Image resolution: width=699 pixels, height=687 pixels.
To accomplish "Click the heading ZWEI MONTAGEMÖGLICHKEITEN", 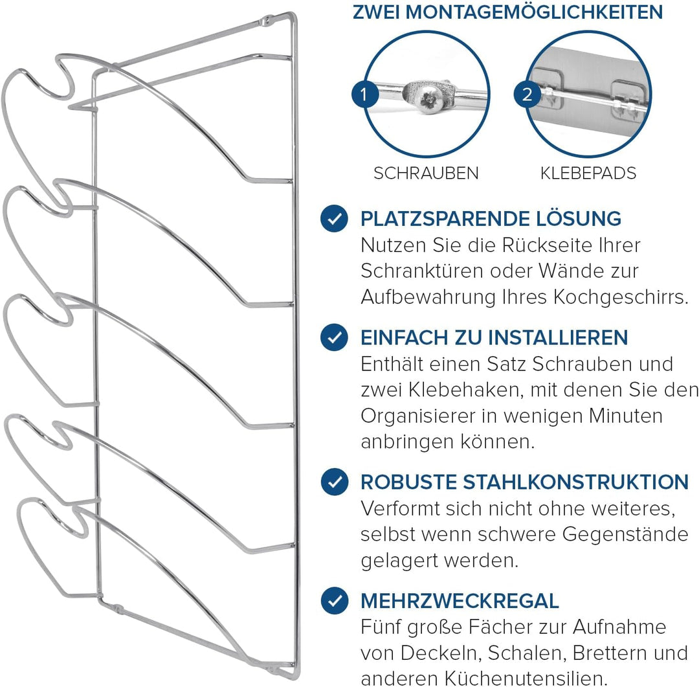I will [x=507, y=12].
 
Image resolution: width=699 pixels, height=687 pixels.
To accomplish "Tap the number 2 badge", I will [x=527, y=95].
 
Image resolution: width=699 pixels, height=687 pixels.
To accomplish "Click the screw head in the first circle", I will [x=428, y=99].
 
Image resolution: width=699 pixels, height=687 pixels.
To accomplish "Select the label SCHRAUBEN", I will [x=426, y=174].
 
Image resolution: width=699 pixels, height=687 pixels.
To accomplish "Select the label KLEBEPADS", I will [x=588, y=174].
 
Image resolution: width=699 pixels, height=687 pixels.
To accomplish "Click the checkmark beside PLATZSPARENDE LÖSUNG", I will [x=335, y=219].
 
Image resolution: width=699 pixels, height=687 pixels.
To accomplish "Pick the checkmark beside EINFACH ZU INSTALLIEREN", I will [x=335, y=337].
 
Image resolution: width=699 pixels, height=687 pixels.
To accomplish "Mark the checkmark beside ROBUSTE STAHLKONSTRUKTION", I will [x=335, y=482].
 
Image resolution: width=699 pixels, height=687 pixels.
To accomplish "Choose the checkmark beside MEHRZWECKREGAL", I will [x=335, y=601].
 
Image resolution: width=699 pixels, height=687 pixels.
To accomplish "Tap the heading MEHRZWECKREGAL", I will [x=460, y=601].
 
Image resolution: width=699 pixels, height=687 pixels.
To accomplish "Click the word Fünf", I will [x=380, y=627].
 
